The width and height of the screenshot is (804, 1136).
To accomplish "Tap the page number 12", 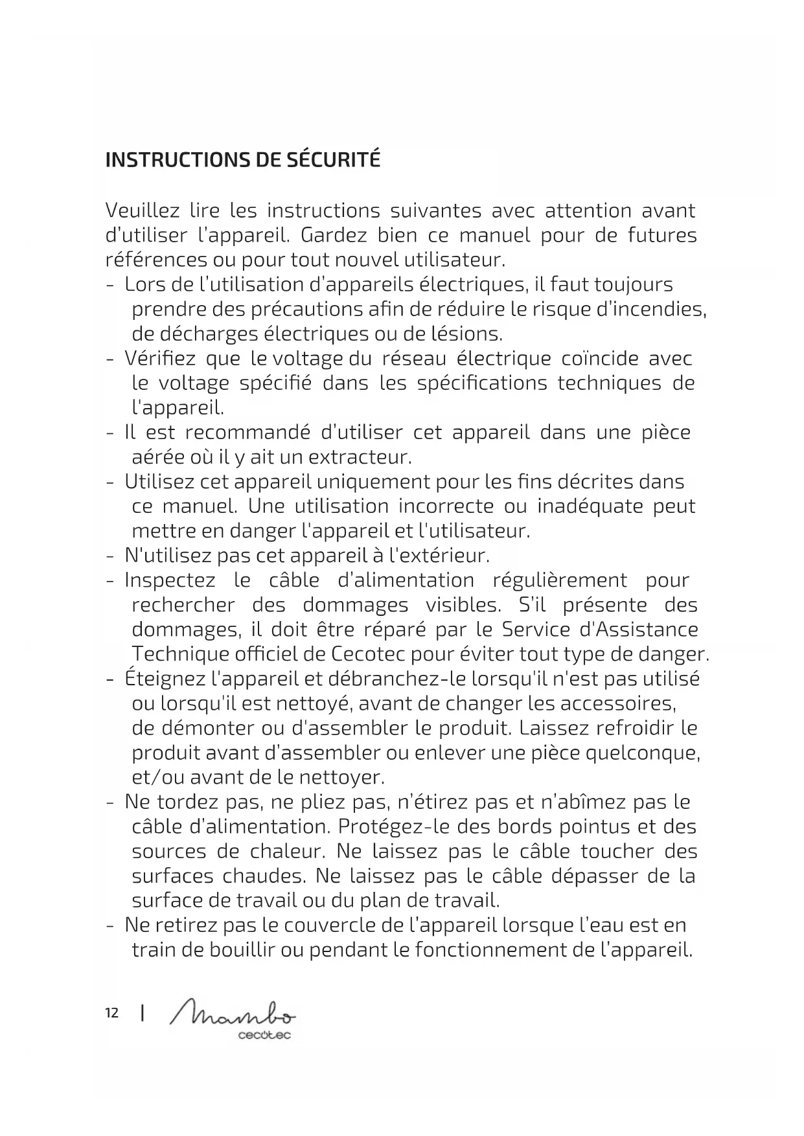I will (111, 1013).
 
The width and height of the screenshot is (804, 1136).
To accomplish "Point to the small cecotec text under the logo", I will (264, 1036).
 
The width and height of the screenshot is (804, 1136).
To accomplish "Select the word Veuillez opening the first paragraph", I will (142, 210).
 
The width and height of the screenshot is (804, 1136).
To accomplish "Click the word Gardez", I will (334, 235).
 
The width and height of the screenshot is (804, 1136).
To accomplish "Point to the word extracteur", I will (360, 457).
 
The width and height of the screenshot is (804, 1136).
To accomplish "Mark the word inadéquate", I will (590, 506).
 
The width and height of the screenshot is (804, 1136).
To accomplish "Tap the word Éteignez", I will (165, 679).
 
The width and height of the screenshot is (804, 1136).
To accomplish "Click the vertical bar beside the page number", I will (142, 1013).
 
